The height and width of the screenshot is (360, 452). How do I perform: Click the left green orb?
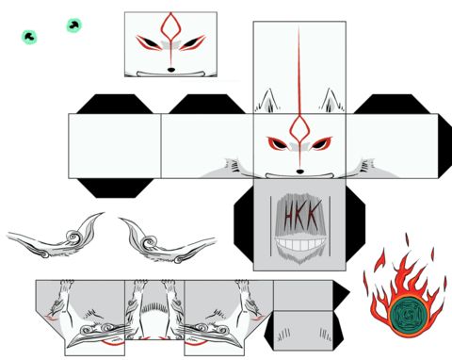(29, 37)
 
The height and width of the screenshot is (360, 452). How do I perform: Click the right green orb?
(74, 25)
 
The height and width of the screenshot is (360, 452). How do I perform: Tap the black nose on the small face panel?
(171, 70)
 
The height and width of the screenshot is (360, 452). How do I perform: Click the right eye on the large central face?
(320, 143)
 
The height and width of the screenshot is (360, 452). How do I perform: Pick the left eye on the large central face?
(279, 143)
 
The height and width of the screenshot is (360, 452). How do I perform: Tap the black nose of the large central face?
(300, 172)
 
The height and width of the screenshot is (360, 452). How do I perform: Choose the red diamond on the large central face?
(299, 128)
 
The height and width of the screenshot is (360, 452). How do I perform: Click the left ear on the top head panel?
(266, 101)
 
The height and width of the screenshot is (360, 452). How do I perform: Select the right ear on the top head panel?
(332, 101)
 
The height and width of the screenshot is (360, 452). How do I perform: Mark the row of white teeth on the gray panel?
(299, 244)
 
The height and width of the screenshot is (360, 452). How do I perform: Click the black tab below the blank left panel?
(116, 188)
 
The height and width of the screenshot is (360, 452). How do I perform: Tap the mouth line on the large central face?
(299, 176)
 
